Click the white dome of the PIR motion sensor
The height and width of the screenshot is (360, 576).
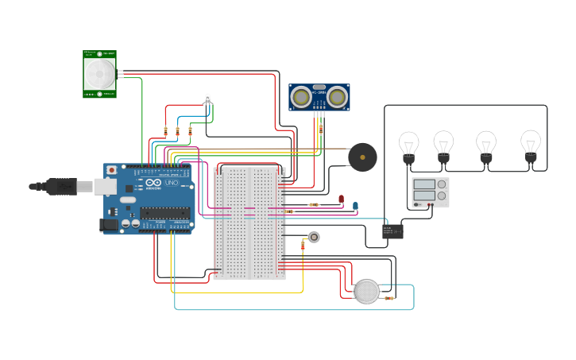point(100,74)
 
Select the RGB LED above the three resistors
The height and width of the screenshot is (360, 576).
point(207,99)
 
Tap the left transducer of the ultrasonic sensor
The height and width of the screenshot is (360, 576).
point(301,96)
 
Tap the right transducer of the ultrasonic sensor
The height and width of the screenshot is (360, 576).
point(337,96)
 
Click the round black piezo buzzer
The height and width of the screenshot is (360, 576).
point(362,157)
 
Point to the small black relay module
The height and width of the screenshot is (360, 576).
point(392,231)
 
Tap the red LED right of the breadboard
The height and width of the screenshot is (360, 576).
point(341,199)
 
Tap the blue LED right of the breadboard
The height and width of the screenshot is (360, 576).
point(355,206)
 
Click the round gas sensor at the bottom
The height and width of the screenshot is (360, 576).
point(366,292)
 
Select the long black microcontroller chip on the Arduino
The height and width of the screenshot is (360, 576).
point(165,212)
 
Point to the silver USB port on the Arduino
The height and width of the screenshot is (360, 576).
point(105,186)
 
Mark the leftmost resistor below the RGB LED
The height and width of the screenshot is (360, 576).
point(165,131)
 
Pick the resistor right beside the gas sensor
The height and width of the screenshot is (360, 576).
point(389,298)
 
